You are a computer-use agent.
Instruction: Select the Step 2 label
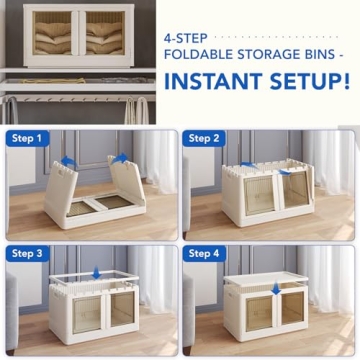point(206,138)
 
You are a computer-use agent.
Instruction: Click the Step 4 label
point(206,254)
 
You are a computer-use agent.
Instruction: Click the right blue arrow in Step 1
point(122,158)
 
